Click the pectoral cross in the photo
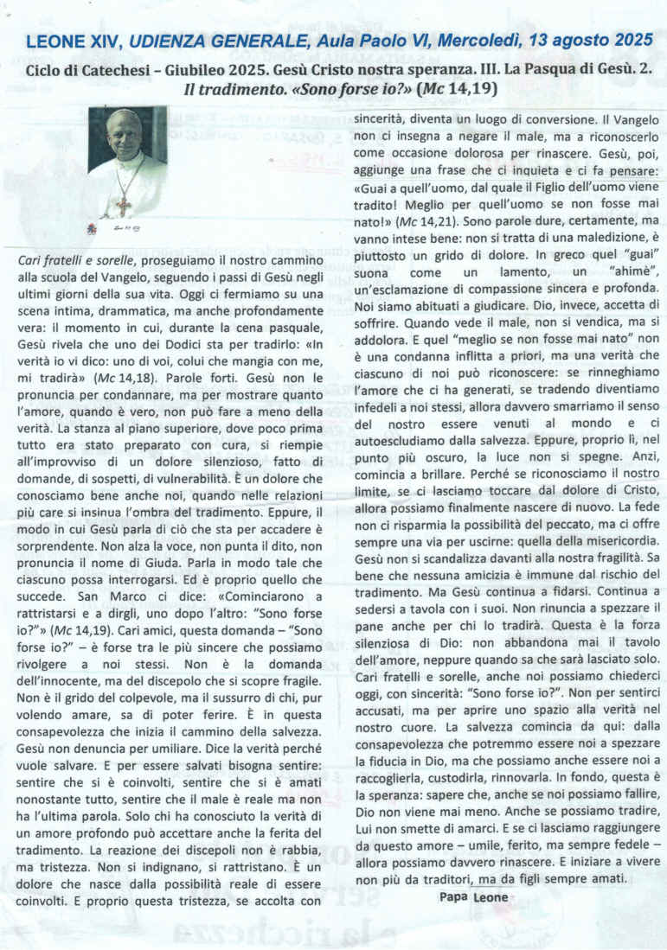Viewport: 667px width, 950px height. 123,206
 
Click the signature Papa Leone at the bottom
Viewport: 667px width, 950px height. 471,897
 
